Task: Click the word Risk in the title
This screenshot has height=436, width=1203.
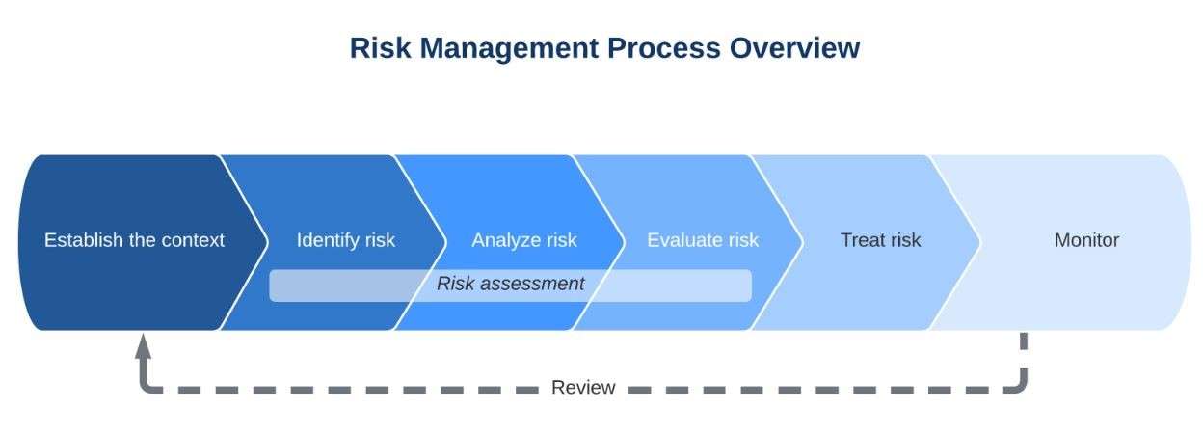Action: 380,48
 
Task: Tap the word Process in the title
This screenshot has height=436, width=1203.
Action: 664,48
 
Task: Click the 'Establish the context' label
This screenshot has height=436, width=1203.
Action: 134,240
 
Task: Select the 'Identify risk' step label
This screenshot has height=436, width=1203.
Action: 346,241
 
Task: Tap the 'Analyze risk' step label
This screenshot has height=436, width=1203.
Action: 524,241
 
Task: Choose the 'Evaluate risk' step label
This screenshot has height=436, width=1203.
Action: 703,240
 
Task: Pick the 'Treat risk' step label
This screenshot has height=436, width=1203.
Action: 881,240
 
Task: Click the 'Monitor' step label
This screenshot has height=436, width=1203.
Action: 1087,240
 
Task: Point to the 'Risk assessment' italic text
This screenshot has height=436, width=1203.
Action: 510,284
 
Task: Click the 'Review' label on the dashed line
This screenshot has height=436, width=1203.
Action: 583,387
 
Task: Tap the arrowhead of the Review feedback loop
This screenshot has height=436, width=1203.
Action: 143,345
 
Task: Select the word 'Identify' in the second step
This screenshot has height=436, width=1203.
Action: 328,241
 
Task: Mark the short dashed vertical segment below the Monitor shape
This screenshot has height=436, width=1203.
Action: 1024,341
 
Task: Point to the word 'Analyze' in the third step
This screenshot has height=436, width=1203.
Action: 504,241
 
